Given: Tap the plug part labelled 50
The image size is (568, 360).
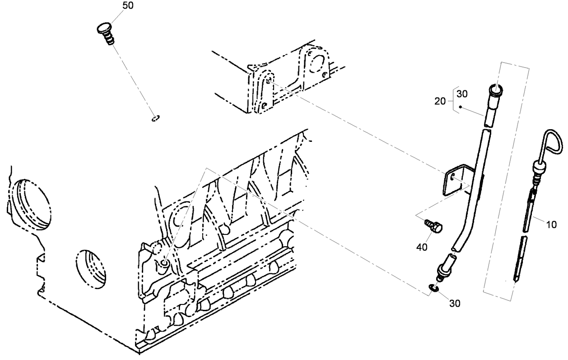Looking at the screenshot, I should (x=106, y=33).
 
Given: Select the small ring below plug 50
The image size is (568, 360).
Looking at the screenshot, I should (x=155, y=119).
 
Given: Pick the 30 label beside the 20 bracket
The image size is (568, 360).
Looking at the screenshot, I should (x=462, y=94).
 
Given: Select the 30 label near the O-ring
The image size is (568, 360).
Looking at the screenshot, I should (x=455, y=304).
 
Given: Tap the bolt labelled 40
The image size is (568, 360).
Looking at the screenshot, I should (x=434, y=226).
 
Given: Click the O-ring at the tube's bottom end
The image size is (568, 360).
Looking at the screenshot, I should (x=434, y=288).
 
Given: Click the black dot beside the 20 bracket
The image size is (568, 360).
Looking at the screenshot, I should (x=460, y=107).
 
